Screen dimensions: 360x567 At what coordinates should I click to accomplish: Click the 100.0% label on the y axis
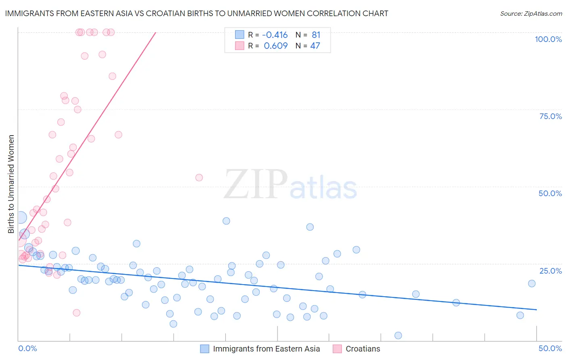coord(548,39)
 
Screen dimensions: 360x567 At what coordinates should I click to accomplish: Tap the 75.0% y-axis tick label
coord(550,116)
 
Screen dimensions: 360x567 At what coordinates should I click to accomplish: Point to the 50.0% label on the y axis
coord(550,193)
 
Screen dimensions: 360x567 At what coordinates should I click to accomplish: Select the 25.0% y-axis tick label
coord(550,271)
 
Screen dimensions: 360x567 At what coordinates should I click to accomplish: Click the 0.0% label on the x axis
coord(27,348)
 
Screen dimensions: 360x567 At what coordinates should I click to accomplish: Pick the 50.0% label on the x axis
coord(550,348)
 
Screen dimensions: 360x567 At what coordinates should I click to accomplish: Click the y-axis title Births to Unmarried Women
coord(11,184)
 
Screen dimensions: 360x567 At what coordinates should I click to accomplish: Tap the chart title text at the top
coord(196,13)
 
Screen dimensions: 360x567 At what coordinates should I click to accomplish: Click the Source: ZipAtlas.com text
coord(531,13)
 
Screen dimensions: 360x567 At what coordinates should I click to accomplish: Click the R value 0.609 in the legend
coord(275,46)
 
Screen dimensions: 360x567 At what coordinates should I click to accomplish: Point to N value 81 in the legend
coord(316,35)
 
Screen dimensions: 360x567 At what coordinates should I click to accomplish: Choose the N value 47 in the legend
coord(315,46)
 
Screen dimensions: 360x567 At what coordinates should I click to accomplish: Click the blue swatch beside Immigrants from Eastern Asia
coord(205,349)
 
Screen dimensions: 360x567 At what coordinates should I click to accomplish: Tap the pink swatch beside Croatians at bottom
coord(337,349)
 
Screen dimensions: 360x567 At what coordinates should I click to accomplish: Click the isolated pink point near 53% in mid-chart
coord(199,178)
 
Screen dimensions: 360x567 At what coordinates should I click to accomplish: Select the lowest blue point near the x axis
coord(398,335)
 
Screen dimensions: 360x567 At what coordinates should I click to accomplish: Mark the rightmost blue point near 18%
coord(532,283)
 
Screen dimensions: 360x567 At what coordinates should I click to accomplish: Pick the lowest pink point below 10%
coord(76,313)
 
